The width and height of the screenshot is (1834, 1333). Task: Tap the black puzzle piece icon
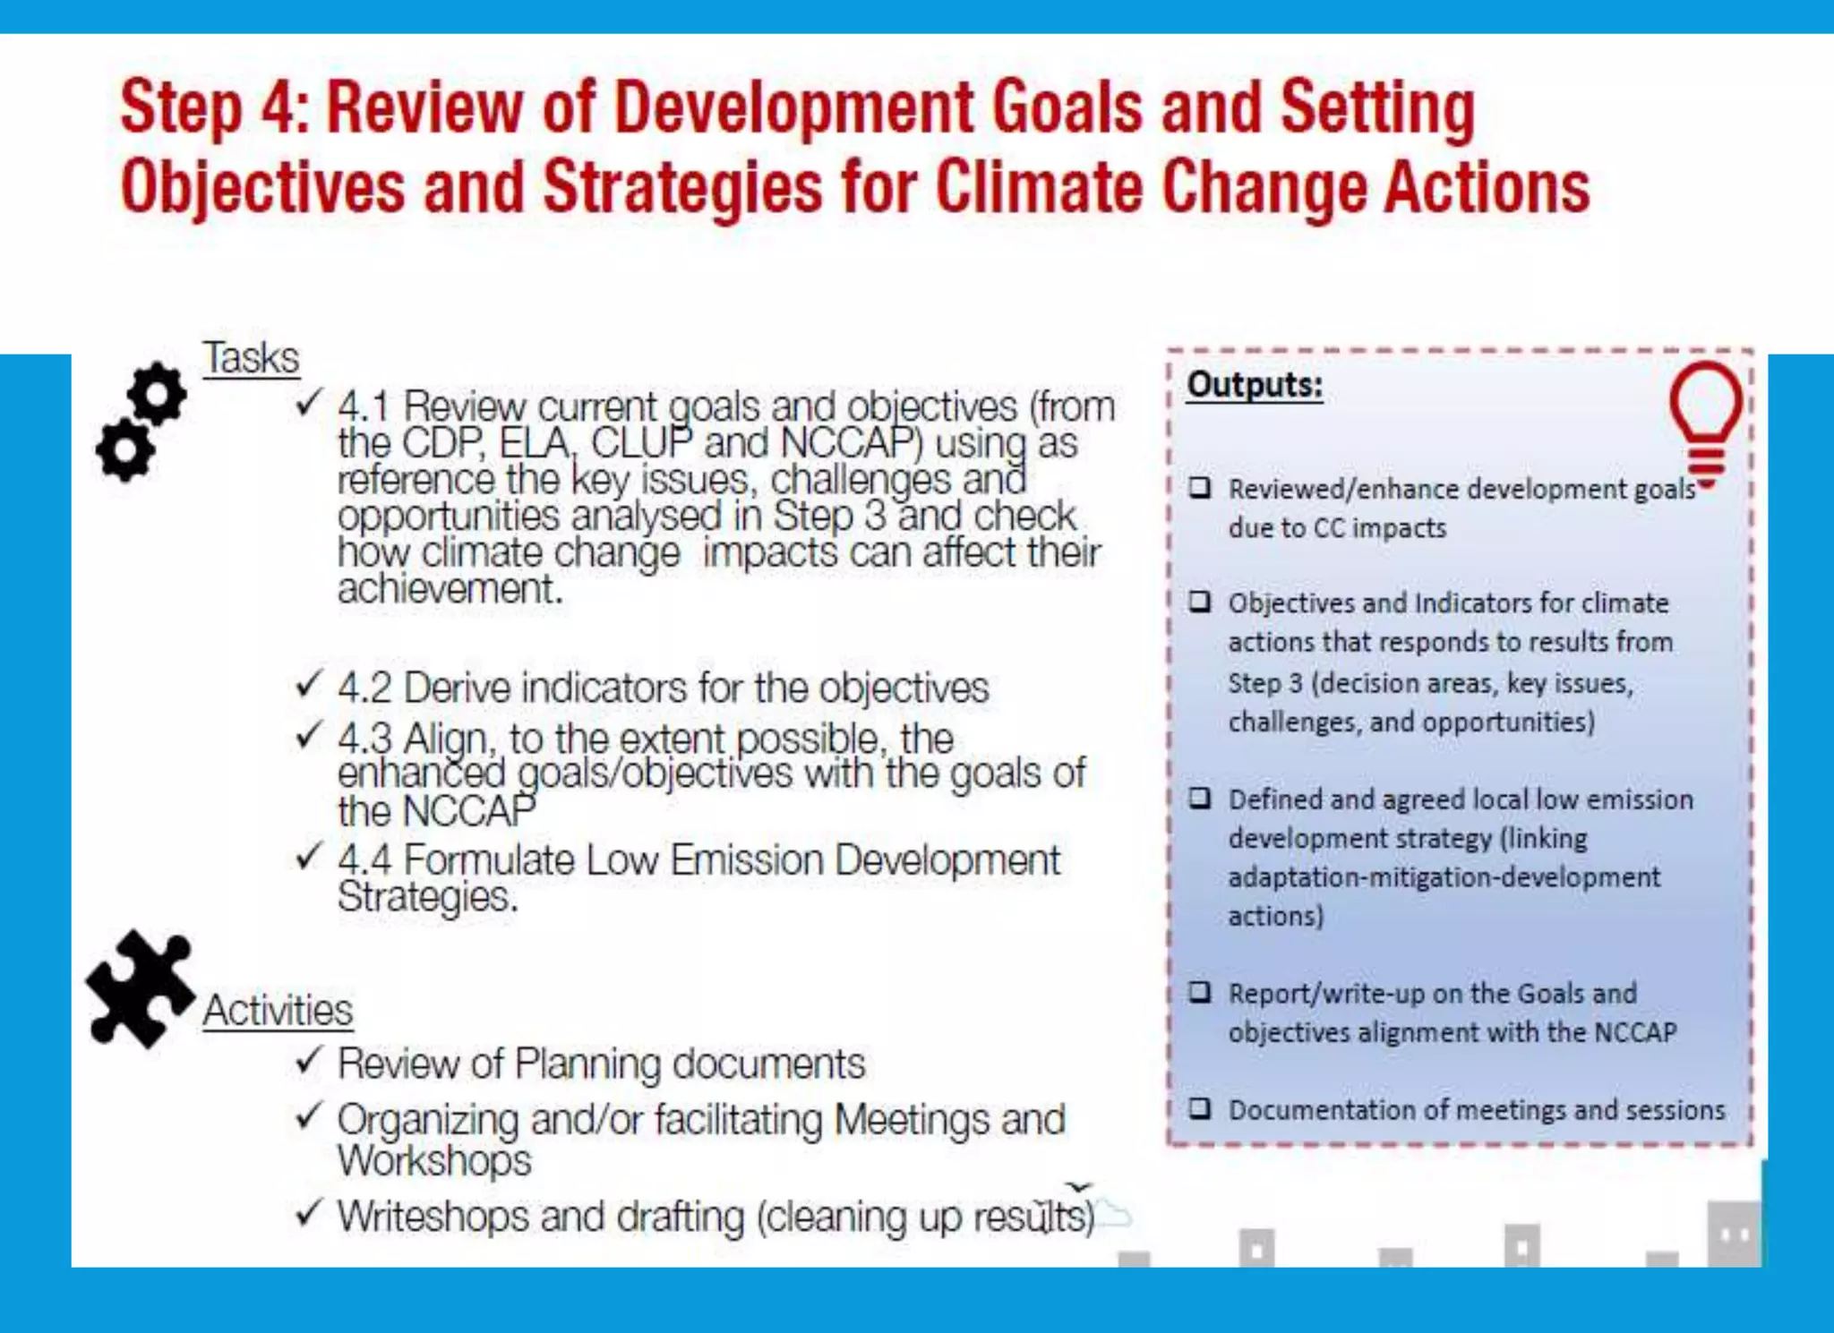pos(140,987)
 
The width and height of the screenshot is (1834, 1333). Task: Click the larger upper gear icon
pos(157,393)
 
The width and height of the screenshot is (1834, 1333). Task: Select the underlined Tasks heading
pos(251,358)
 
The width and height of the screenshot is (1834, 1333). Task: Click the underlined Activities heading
pos(278,1011)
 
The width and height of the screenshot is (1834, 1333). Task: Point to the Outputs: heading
pos(1255,385)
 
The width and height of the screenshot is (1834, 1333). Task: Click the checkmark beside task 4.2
pos(308,685)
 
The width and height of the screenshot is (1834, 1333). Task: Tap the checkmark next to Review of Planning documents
pos(308,1061)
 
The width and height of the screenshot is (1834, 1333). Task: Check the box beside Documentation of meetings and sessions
pos(1200,1109)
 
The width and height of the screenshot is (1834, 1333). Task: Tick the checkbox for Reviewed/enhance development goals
pos(1200,488)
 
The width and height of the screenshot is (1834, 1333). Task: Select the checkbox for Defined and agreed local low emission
pos(1200,798)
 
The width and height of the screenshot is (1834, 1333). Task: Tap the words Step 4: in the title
pos(215,107)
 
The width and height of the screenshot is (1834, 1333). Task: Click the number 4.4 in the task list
pos(364,860)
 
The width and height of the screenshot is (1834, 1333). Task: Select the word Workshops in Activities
pos(434,1161)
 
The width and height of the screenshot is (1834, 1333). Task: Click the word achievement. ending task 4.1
pos(450,589)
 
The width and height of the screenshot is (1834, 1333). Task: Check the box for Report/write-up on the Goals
pos(1200,992)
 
